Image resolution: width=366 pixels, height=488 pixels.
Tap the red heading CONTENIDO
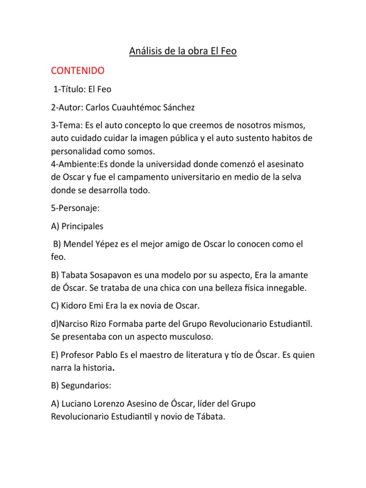[x=78, y=71]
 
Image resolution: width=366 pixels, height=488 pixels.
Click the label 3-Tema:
[x=67, y=125]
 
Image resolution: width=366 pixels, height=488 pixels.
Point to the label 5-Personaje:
[x=77, y=208]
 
